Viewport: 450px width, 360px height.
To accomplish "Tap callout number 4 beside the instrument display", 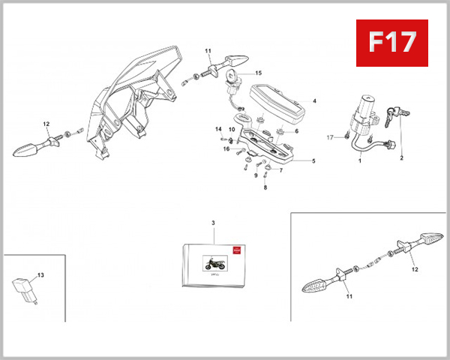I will point(314,100).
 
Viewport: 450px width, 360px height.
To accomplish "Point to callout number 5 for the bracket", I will point(313,160).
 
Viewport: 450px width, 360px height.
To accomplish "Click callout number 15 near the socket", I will point(258,73).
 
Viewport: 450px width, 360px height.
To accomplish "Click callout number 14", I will point(219,129).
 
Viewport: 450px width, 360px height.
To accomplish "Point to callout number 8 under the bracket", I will point(265,187).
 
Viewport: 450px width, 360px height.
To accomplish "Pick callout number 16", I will point(225,149).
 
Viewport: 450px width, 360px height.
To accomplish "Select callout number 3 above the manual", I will point(213,223).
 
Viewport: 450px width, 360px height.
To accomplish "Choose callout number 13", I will point(40,275).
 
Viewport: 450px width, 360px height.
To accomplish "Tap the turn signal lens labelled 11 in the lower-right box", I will point(317,283).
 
